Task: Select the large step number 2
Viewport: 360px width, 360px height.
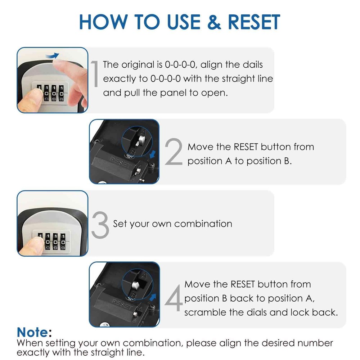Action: pos(175,153)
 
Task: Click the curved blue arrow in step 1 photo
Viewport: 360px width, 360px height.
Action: pos(53,55)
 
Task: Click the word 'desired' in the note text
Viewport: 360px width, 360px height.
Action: pos(263,343)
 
